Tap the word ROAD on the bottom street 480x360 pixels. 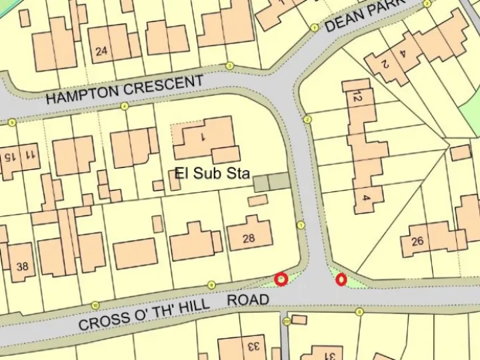click(x=248, y=300)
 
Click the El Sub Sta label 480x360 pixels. click(x=212, y=174)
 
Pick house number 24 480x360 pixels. click(x=101, y=51)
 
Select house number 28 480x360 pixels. click(x=249, y=238)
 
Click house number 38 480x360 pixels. click(x=22, y=267)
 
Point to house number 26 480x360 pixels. click(x=417, y=241)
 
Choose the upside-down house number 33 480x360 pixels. click(x=252, y=347)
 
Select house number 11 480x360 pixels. click(x=29, y=155)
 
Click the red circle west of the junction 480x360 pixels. click(x=281, y=279)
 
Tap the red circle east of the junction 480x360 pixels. click(x=341, y=280)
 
